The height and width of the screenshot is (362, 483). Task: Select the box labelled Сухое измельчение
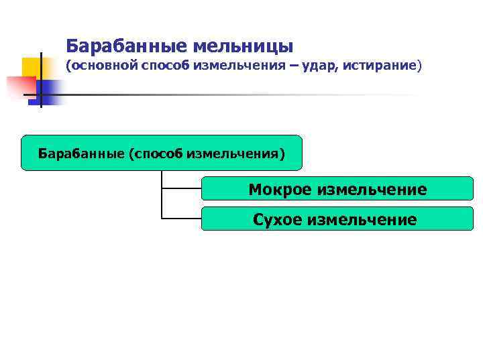click(337, 219)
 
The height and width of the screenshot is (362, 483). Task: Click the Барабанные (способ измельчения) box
click(162, 154)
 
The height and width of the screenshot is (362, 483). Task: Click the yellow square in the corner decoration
click(32, 67)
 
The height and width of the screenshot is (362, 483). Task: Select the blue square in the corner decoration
click(50, 89)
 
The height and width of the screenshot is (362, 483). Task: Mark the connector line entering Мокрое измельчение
click(181, 188)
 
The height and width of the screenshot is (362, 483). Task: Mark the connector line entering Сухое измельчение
click(181, 219)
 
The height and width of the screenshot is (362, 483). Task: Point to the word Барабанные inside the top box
click(80, 154)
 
